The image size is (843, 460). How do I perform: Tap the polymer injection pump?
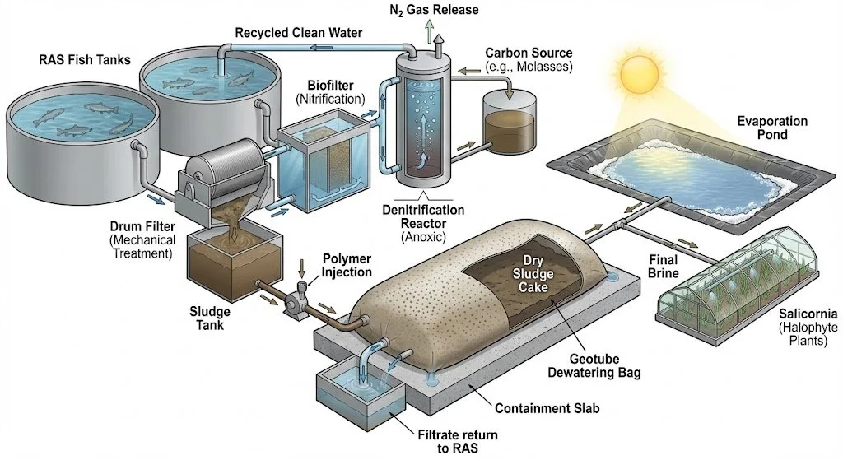[293, 300]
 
